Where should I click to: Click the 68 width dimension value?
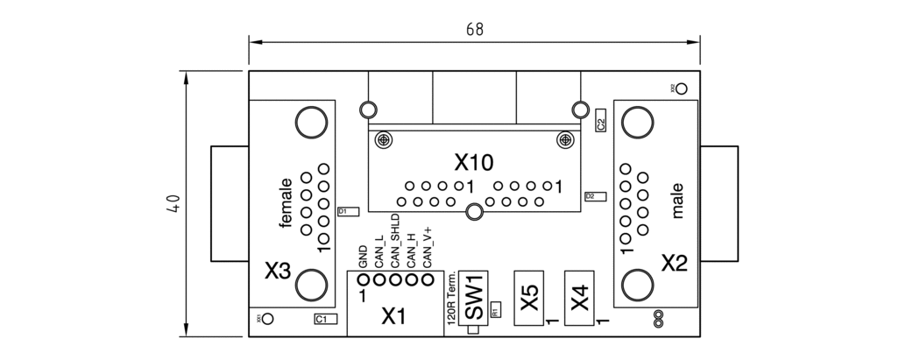474,30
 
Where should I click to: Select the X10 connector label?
474,162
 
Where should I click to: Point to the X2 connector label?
675,262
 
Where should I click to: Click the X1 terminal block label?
394,317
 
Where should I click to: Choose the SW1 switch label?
473,298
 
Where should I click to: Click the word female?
286,203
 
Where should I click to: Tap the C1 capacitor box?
322,320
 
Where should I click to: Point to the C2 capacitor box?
600,120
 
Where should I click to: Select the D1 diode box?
343,212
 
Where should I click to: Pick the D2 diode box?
591,197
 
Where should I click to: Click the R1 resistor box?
495,310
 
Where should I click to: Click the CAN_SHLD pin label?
395,239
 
